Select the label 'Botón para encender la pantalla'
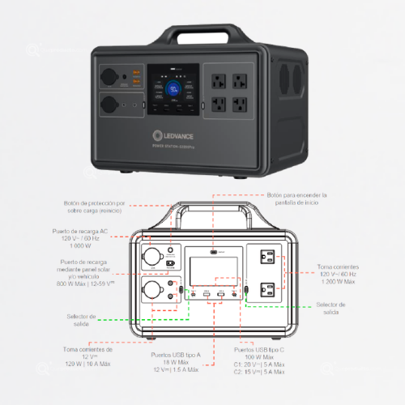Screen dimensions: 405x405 point(297,199)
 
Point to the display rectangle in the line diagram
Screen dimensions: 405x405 point(215,269)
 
